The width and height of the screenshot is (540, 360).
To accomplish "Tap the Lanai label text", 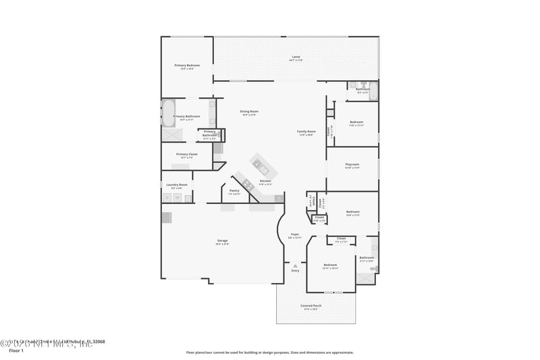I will (x=296, y=57).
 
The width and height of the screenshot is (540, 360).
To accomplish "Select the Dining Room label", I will (x=250, y=111).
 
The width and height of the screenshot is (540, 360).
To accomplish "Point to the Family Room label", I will (x=306, y=132).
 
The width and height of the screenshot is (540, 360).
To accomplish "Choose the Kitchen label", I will (x=265, y=181).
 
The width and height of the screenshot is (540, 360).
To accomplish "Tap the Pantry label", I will (x=234, y=191).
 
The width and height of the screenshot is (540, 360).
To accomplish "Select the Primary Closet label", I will (x=187, y=155).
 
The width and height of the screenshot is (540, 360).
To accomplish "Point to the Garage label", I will (x=222, y=241).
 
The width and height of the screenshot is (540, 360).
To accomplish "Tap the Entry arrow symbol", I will (x=295, y=265).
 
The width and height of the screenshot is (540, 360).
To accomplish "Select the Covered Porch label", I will (x=310, y=306).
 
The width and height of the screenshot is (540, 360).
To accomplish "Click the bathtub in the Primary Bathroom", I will (x=168, y=113).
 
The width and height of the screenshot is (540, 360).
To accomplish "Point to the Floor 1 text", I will (x=16, y=351).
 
